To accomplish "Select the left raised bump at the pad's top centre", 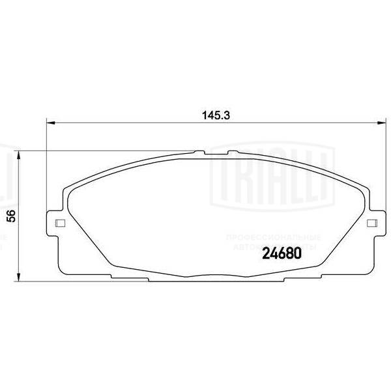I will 199,153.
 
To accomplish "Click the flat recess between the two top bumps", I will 215,154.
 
